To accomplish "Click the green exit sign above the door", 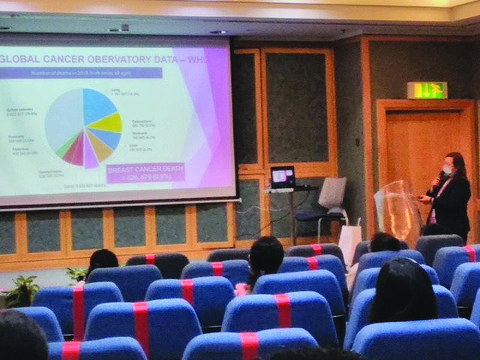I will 427,90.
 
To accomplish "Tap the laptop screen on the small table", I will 283,177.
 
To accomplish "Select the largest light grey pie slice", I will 64,120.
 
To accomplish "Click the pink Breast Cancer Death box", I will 145,173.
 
